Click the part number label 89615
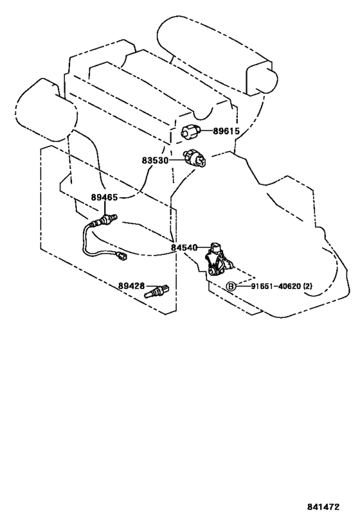click(226, 131)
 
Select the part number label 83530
click(155, 161)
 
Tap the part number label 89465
click(104, 197)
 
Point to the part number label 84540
click(184, 247)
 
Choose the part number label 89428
click(131, 286)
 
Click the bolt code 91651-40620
click(276, 286)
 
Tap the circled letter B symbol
click(231, 286)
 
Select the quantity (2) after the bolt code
click(308, 286)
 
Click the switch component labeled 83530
click(195, 159)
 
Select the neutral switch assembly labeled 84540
click(219, 259)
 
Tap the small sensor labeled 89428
click(156, 291)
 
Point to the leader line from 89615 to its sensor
click(206, 131)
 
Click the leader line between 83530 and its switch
click(176, 161)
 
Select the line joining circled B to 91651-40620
click(243, 286)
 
